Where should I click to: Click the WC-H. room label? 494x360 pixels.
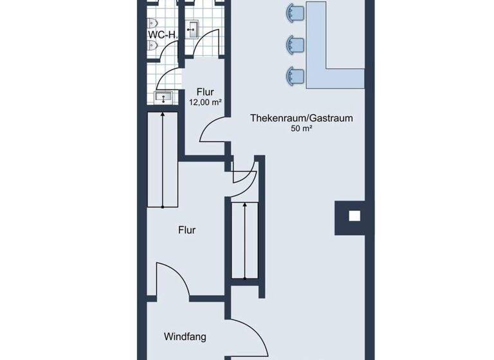click(x=162, y=34)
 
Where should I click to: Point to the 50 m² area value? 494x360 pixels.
click(x=301, y=129)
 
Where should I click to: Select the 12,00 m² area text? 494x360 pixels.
click(x=205, y=102)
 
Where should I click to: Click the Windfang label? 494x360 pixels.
click(x=185, y=336)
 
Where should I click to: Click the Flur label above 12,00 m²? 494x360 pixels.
click(x=206, y=91)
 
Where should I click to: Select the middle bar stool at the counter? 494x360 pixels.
click(x=295, y=44)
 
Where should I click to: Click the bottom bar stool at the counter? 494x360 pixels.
click(x=295, y=76)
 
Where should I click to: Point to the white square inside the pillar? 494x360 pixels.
click(x=353, y=216)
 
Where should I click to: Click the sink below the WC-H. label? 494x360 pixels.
click(x=163, y=98)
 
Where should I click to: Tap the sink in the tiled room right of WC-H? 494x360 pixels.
click(x=193, y=27)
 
